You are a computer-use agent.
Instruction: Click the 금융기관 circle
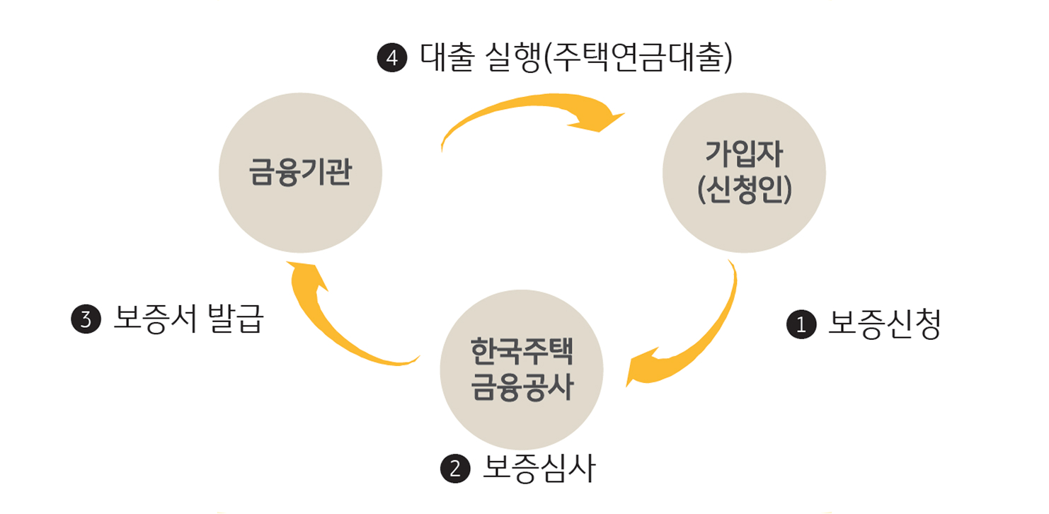[x=300, y=172]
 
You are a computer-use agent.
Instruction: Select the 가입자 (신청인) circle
[x=744, y=172]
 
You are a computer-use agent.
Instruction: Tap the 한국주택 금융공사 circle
[x=522, y=370]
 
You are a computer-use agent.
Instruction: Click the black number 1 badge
[x=801, y=325]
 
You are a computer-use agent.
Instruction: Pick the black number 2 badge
[x=455, y=469]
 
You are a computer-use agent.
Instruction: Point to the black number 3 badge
[x=86, y=320]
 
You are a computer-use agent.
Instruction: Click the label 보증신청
[x=884, y=324]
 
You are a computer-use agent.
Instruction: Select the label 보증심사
[x=539, y=468]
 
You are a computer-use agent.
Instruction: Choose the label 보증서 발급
[x=188, y=319]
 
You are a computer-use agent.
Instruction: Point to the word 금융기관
[x=300, y=172]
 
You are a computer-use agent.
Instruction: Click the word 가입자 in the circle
[x=744, y=154]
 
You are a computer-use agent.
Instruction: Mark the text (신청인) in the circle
[x=744, y=190]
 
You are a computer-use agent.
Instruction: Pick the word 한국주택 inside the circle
[x=522, y=352]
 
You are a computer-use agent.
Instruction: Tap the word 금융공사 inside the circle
[x=522, y=389]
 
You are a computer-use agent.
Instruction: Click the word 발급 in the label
[x=236, y=319]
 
